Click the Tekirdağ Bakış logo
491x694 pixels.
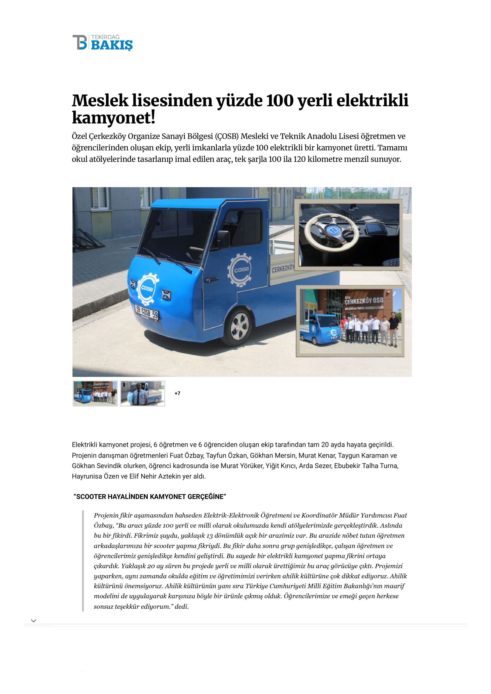pos(102,42)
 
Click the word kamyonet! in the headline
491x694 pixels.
pos(113,118)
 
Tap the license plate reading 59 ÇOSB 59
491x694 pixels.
pos(147,312)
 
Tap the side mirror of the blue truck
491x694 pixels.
pos(223,238)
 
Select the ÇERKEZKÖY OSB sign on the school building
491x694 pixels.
pos(363,301)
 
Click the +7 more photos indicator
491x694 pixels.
pos(178,393)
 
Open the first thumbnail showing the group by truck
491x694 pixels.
pos(95,393)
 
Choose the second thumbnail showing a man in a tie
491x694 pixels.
pos(142,393)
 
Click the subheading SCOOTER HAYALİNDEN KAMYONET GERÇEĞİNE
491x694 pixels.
pos(150,497)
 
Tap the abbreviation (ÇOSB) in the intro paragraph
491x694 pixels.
pos(227,136)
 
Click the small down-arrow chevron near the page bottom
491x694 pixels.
pos(34,621)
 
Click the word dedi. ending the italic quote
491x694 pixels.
pos(182,606)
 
